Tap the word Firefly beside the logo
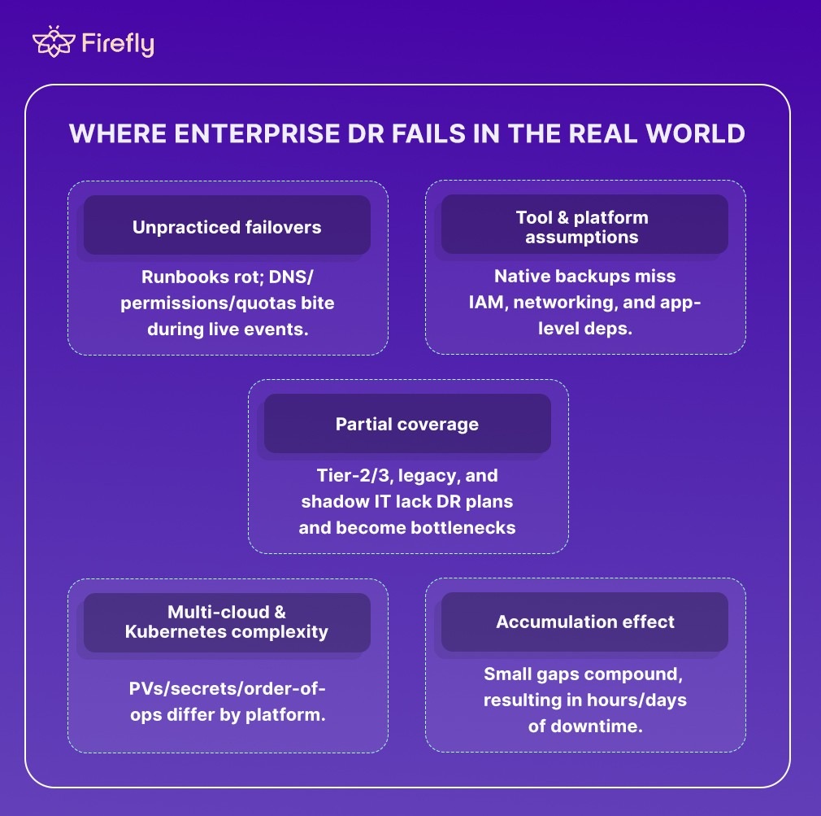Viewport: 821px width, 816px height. pos(118,44)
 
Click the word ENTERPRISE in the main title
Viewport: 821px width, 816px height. pos(228,133)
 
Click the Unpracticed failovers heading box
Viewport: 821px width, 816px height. pos(227,226)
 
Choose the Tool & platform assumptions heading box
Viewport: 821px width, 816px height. pos(584,226)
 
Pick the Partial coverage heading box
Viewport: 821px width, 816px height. pos(407,424)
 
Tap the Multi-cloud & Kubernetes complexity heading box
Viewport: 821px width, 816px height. pos(227,622)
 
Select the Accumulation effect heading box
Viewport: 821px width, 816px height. pos(584,622)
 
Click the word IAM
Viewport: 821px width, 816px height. pos(485,303)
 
